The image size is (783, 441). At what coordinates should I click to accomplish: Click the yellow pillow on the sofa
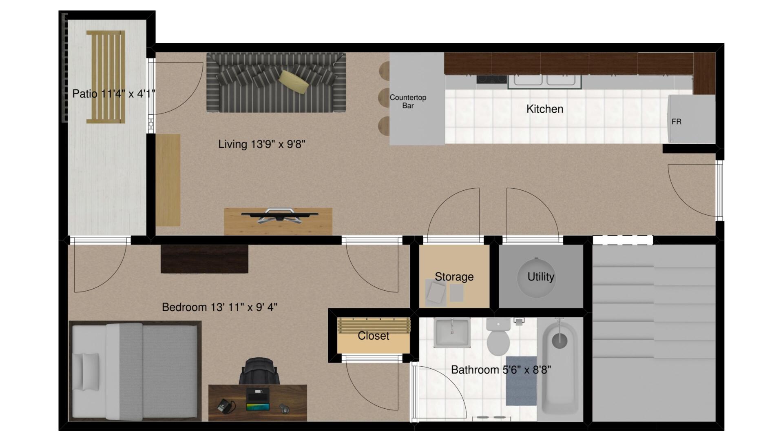click(x=294, y=82)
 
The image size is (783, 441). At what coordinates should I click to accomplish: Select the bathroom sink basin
click(x=452, y=333)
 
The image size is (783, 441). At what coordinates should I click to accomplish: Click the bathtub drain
click(x=560, y=340)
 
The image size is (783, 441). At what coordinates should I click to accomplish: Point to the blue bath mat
click(x=521, y=386)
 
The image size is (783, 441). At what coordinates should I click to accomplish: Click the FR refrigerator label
click(x=676, y=122)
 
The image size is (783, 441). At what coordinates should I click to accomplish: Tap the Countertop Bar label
click(x=408, y=102)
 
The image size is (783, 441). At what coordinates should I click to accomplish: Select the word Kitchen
click(x=545, y=109)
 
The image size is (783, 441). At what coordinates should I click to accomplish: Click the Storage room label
click(x=454, y=277)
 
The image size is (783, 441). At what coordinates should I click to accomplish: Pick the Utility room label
click(x=541, y=277)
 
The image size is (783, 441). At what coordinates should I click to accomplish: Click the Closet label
click(x=373, y=336)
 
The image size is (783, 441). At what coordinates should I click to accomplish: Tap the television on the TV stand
click(x=279, y=215)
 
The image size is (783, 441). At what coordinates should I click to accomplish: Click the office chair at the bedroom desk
click(x=259, y=371)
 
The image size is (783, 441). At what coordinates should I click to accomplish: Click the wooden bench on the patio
click(x=106, y=77)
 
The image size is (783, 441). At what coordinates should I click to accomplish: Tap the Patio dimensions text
click(x=114, y=94)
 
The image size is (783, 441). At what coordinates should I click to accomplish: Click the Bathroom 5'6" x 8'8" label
click(x=501, y=370)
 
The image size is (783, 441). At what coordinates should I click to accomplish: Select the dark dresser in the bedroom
click(x=204, y=259)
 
